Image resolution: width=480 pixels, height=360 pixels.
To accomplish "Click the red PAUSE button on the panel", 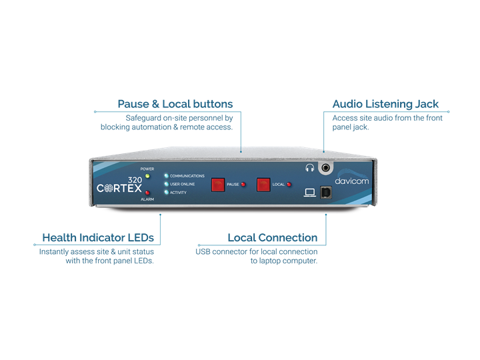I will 218,185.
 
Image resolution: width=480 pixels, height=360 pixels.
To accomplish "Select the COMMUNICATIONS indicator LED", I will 166,176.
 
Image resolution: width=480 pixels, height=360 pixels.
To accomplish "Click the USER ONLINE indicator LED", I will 166,184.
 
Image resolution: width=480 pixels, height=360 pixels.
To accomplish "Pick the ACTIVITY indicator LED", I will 166,192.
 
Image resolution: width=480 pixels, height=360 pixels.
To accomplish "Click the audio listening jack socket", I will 327,169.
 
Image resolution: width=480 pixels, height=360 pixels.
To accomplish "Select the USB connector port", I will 326,192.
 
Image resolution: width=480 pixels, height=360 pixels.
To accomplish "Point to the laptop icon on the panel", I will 309,193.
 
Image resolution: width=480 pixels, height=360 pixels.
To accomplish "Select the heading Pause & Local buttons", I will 175,104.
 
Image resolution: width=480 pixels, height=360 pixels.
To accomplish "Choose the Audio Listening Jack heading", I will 385,104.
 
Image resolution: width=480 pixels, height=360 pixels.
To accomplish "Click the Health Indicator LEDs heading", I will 98,237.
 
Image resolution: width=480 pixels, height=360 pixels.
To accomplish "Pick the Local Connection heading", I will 272,237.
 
